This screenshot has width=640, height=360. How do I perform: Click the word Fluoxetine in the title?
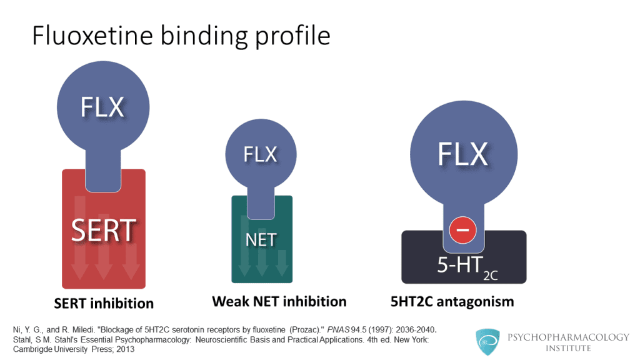[x=92, y=35]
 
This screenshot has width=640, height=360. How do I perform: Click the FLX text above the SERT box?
[x=102, y=107]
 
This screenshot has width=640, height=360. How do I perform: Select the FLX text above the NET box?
[x=261, y=155]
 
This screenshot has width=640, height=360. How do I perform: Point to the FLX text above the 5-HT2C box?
[x=463, y=154]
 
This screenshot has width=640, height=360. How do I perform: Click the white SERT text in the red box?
[x=104, y=231]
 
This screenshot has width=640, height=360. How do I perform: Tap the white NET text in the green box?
[x=261, y=240]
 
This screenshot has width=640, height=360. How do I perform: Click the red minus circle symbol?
[x=462, y=230]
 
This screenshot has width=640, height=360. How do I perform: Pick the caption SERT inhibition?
[x=104, y=303]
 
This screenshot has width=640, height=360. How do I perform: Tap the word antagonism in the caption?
[x=475, y=302]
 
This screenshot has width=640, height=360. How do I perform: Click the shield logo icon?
[x=487, y=342]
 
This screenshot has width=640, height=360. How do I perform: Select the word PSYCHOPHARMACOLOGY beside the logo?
[x=569, y=337]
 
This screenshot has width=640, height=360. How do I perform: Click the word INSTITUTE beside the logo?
[x=568, y=349]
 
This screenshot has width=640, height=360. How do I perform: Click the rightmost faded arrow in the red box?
[x=131, y=261]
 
